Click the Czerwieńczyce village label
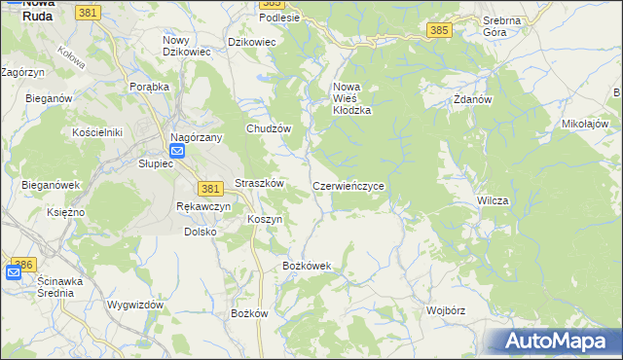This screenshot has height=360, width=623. point(354,185)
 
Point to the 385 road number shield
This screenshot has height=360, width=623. point(438,31)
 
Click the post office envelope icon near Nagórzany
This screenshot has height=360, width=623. point(177,152)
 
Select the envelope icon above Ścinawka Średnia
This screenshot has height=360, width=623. point(13,272)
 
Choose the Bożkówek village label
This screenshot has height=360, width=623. point(307,266)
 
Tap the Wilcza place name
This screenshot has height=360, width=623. point(493,199)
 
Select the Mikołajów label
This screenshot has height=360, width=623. point(585,125)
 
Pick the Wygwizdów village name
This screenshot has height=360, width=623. point(135,305)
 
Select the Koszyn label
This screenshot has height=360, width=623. point(265,220)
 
